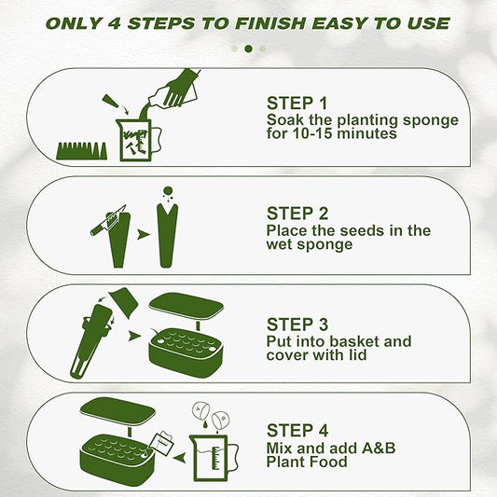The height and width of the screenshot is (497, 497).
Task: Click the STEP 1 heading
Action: point(297,104)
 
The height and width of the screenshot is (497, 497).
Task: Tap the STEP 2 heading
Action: point(297,214)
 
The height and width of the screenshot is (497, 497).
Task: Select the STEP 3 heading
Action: point(297,324)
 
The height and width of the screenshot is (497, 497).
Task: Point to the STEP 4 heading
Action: point(297,431)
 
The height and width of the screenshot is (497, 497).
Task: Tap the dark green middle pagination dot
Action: point(248,48)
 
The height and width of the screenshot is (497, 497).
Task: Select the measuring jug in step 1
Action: point(138,140)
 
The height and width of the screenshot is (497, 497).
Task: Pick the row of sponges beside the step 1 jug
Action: point(82,151)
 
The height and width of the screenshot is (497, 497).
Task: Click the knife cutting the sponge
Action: point(108,220)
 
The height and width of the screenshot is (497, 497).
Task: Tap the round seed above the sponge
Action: point(168,191)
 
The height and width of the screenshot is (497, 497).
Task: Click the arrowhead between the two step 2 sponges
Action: point(144,235)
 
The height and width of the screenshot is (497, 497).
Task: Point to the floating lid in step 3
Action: point(186,305)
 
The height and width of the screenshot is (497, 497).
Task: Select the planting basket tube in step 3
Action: point(92,340)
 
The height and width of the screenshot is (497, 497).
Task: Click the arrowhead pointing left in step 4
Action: point(179,458)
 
